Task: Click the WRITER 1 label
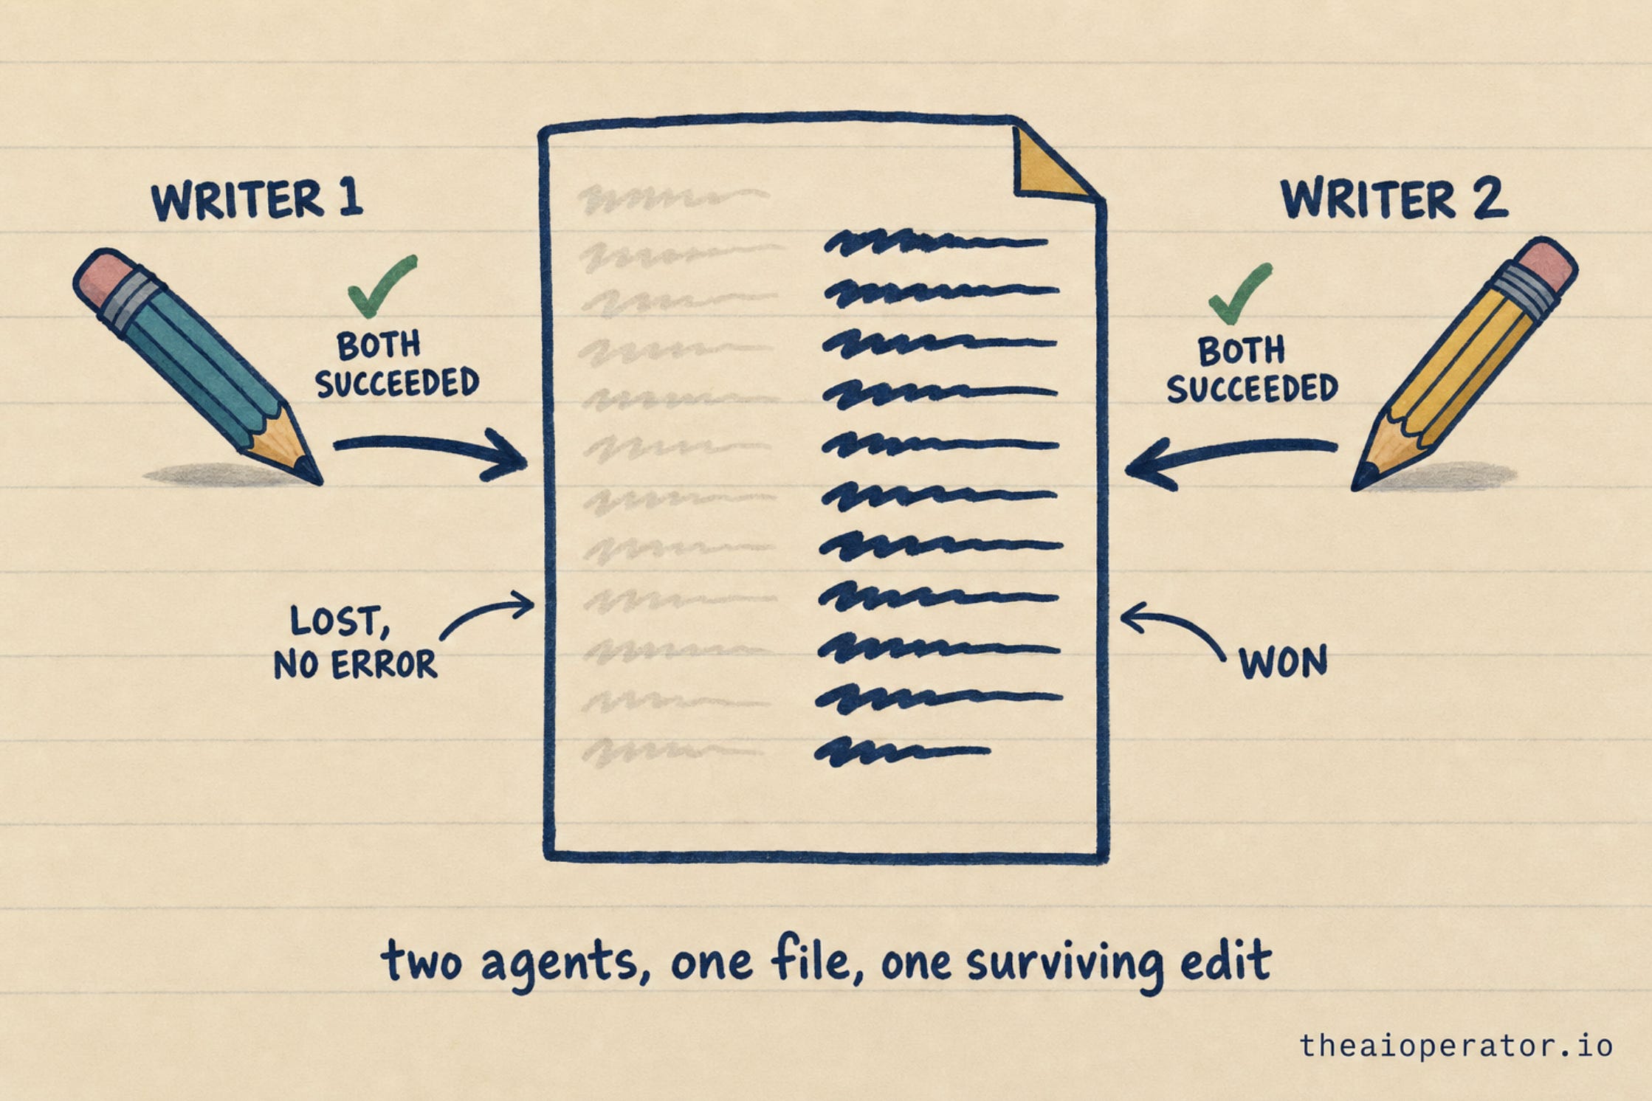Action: [257, 199]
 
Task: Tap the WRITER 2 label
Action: [1394, 199]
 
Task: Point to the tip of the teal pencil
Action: [320, 483]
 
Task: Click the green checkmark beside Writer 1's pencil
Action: [380, 286]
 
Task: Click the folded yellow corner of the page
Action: [1047, 166]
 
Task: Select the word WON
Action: [1283, 662]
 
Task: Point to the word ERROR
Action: [384, 665]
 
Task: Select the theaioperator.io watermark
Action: [1456, 1046]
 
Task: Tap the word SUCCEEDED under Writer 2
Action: [1252, 389]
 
